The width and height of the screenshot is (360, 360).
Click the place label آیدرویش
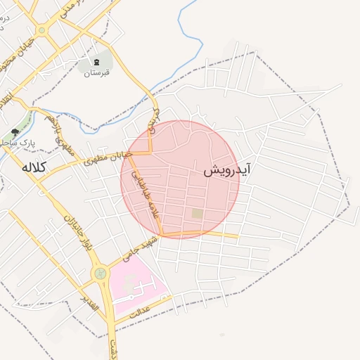(228, 171)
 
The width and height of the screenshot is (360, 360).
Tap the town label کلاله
(33, 167)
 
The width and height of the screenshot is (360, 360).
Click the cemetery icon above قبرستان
(96, 63)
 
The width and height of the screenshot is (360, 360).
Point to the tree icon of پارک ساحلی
(15, 132)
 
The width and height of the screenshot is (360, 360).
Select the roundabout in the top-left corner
(43, 30)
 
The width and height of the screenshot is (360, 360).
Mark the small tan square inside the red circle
(198, 213)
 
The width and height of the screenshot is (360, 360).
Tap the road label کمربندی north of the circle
(157, 121)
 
